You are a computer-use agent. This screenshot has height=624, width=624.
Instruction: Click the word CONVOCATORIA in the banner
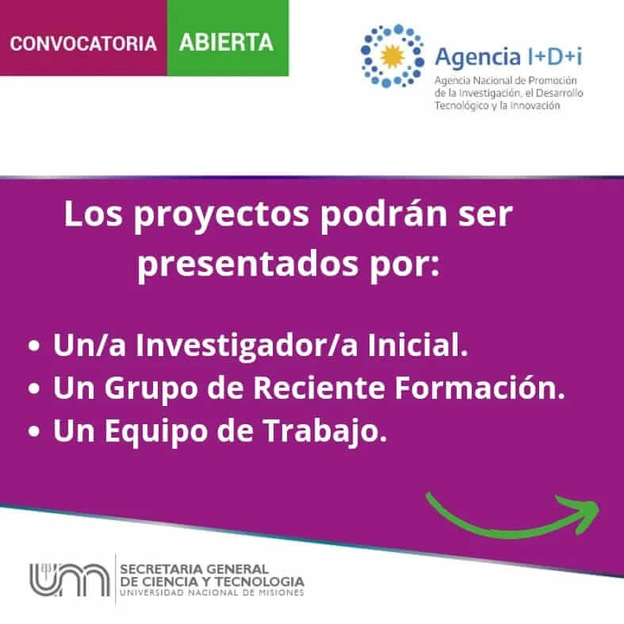coord(83,44)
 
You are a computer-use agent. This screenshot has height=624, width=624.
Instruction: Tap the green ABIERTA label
coord(226,42)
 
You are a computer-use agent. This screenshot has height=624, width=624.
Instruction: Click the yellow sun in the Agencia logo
coord(392,56)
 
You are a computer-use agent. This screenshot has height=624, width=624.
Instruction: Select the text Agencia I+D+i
coord(508,57)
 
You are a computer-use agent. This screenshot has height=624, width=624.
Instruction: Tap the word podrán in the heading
coord(384,215)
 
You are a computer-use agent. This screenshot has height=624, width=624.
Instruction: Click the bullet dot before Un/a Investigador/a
coord(34,346)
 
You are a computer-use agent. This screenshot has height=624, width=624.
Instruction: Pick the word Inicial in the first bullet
coord(418,345)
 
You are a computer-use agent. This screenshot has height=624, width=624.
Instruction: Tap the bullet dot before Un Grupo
coord(34,389)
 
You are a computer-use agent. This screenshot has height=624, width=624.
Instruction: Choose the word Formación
coord(480,388)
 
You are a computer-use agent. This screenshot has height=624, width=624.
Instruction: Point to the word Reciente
coord(320,388)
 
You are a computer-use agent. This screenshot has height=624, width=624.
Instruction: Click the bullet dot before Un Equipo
coord(34,431)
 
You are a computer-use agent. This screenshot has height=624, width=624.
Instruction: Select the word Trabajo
coord(325,432)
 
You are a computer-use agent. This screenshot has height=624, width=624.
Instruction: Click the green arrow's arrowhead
coord(581,511)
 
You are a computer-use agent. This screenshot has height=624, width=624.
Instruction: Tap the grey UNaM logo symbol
coord(70,580)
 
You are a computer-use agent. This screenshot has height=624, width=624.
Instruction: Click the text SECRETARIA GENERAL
coord(194,569)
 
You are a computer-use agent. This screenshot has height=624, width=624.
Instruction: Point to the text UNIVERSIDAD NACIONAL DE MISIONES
coord(212,592)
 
